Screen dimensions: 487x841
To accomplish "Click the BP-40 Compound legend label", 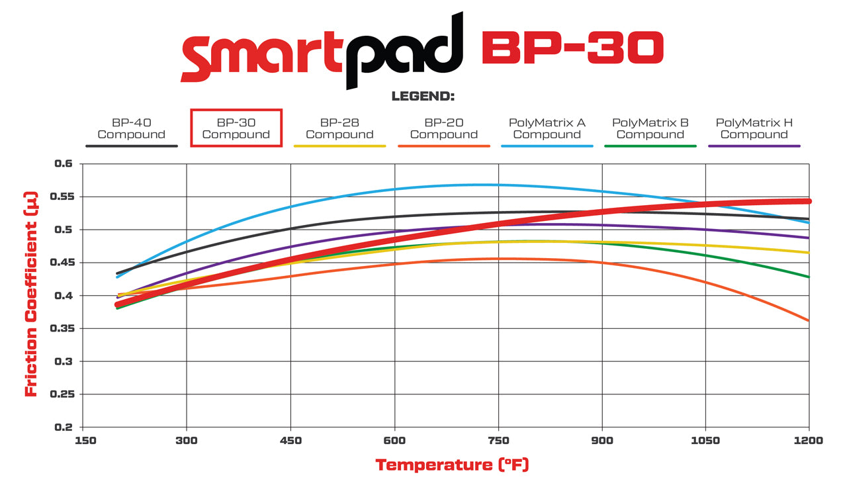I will click(x=131, y=128).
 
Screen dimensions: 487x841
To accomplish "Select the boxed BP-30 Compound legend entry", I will click(x=236, y=128).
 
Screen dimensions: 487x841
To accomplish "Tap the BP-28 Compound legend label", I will click(x=339, y=128).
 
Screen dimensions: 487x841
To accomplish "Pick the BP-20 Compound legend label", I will click(x=443, y=128).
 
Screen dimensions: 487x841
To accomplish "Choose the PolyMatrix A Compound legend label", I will click(x=547, y=128).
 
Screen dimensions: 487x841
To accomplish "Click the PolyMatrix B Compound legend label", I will click(x=650, y=128).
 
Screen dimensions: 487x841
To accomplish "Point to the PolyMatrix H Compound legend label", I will click(x=754, y=128).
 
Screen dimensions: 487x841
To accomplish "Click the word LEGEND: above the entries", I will click(x=423, y=97).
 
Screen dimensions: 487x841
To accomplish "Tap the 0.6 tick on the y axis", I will click(x=64, y=163).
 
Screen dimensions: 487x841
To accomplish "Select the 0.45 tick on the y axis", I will click(x=61, y=263).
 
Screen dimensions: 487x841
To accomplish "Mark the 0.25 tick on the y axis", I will click(x=61, y=394).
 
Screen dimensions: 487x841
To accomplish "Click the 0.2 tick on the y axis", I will click(x=64, y=427).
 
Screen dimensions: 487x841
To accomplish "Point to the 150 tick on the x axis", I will click(x=83, y=441).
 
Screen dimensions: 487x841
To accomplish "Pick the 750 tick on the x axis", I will click(x=498, y=441).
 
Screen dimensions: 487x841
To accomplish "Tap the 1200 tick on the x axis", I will click(x=809, y=441).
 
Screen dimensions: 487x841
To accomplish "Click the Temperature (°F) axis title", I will click(x=452, y=465).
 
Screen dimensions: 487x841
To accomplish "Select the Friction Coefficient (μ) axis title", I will click(x=30, y=294).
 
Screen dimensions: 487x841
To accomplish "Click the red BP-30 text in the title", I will click(x=572, y=48).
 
